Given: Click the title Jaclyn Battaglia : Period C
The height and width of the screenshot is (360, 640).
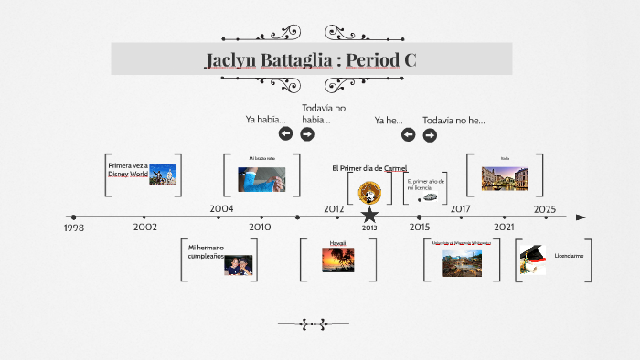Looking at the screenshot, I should (311, 60).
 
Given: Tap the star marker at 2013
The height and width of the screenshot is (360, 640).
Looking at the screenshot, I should (369, 216).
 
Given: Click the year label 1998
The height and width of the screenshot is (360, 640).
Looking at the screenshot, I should (74, 228).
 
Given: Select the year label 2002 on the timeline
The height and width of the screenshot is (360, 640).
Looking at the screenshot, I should (144, 227).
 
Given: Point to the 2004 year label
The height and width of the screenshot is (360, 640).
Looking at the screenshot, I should (221, 208).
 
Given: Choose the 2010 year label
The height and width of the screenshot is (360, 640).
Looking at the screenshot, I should (260, 227).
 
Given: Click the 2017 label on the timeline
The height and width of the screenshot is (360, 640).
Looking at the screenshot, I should (460, 208).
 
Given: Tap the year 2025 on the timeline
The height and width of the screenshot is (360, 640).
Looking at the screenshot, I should (545, 208).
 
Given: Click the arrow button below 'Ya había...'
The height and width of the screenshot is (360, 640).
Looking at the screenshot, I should (285, 134).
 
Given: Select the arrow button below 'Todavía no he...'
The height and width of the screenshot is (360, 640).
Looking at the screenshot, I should (430, 135).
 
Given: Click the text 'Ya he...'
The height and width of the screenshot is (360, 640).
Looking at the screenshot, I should (389, 120).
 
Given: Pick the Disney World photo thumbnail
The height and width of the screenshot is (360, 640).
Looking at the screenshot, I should (163, 174).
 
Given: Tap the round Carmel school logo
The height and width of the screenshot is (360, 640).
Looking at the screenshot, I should (369, 192).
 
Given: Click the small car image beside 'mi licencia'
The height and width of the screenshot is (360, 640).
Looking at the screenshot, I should (429, 196).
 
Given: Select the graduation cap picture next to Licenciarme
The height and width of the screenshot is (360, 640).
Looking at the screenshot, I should (532, 259).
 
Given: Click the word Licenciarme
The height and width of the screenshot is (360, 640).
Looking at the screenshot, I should (569, 256).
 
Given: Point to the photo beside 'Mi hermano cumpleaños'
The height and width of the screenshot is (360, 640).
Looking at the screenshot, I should (238, 265).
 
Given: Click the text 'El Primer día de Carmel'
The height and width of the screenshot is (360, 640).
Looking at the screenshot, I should (369, 168).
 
